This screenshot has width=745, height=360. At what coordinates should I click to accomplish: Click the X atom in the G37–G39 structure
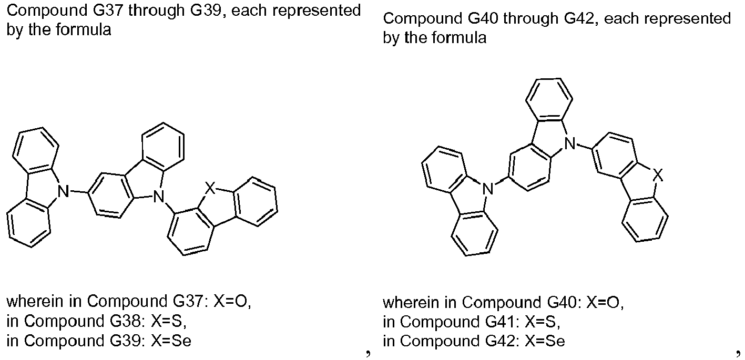(x=210, y=188)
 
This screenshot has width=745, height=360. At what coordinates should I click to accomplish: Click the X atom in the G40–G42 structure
(x=658, y=175)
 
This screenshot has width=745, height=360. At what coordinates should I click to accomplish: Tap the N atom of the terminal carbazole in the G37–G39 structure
(x=63, y=192)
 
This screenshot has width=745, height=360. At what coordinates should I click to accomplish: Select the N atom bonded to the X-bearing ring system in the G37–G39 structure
(x=159, y=196)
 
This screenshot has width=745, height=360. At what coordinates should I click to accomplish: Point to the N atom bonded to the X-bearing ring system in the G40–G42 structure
(x=570, y=143)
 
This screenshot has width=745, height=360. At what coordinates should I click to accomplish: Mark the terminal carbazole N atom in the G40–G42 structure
(x=488, y=189)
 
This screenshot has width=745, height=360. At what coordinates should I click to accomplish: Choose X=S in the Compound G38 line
(x=168, y=321)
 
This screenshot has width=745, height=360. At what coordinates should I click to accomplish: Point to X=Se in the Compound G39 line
(x=171, y=341)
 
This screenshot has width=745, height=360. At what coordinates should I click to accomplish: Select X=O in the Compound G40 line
(x=605, y=303)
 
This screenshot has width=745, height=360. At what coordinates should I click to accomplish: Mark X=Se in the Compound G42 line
(x=545, y=341)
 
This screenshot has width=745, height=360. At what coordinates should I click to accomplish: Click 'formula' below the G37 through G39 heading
(x=83, y=30)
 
